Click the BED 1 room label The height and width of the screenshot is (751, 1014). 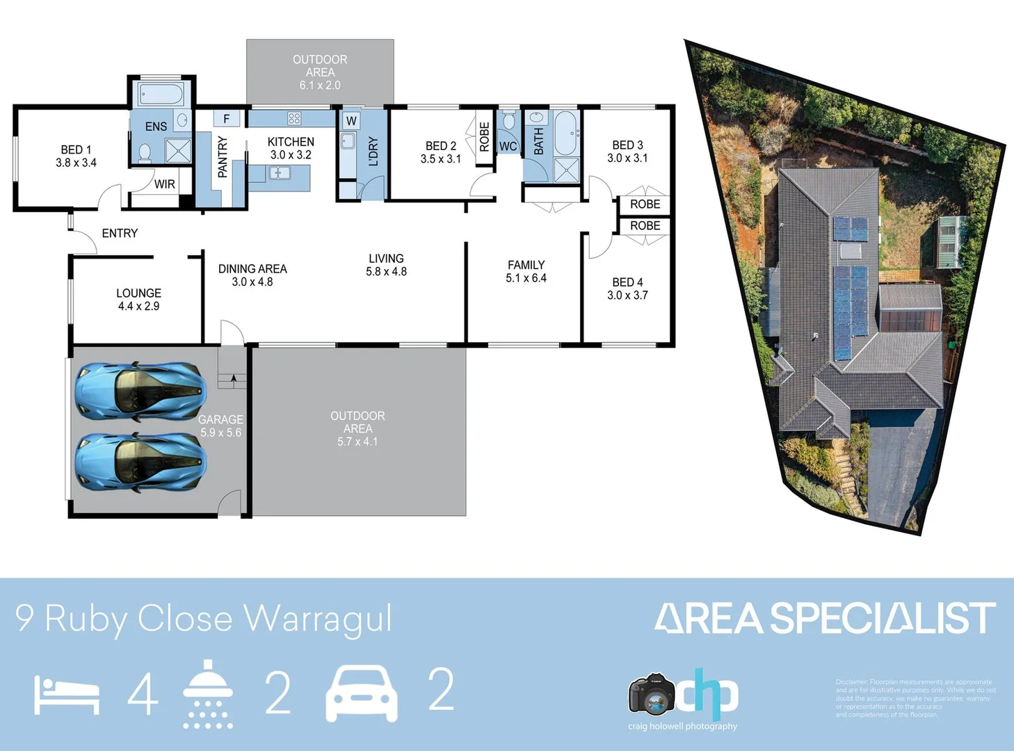coord(76,150)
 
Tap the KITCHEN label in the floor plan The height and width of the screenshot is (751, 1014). coord(291,142)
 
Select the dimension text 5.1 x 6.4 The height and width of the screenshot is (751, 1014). coord(526,278)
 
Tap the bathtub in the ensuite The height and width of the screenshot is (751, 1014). coord(161,94)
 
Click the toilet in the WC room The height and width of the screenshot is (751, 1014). coord(508,122)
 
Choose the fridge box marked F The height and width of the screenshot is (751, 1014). coord(226,119)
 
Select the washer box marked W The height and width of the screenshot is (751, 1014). coord(351,121)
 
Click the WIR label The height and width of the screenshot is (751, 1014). coord(165,184)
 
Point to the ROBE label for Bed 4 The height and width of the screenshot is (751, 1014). coord(645,226)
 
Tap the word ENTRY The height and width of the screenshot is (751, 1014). coord(120,233)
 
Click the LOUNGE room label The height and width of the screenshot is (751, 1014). coord(138,293)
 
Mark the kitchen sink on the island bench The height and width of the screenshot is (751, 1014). coord(280,172)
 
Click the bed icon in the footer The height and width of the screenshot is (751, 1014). coord(67,695)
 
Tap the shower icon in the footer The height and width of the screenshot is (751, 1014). coord(207,694)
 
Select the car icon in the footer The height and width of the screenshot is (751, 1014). coord(362,693)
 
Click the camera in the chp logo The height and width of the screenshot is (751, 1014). coord(652,693)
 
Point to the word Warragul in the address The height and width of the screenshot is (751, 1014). coord(318,618)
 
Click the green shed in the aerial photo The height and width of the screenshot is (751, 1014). coord(951,241)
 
